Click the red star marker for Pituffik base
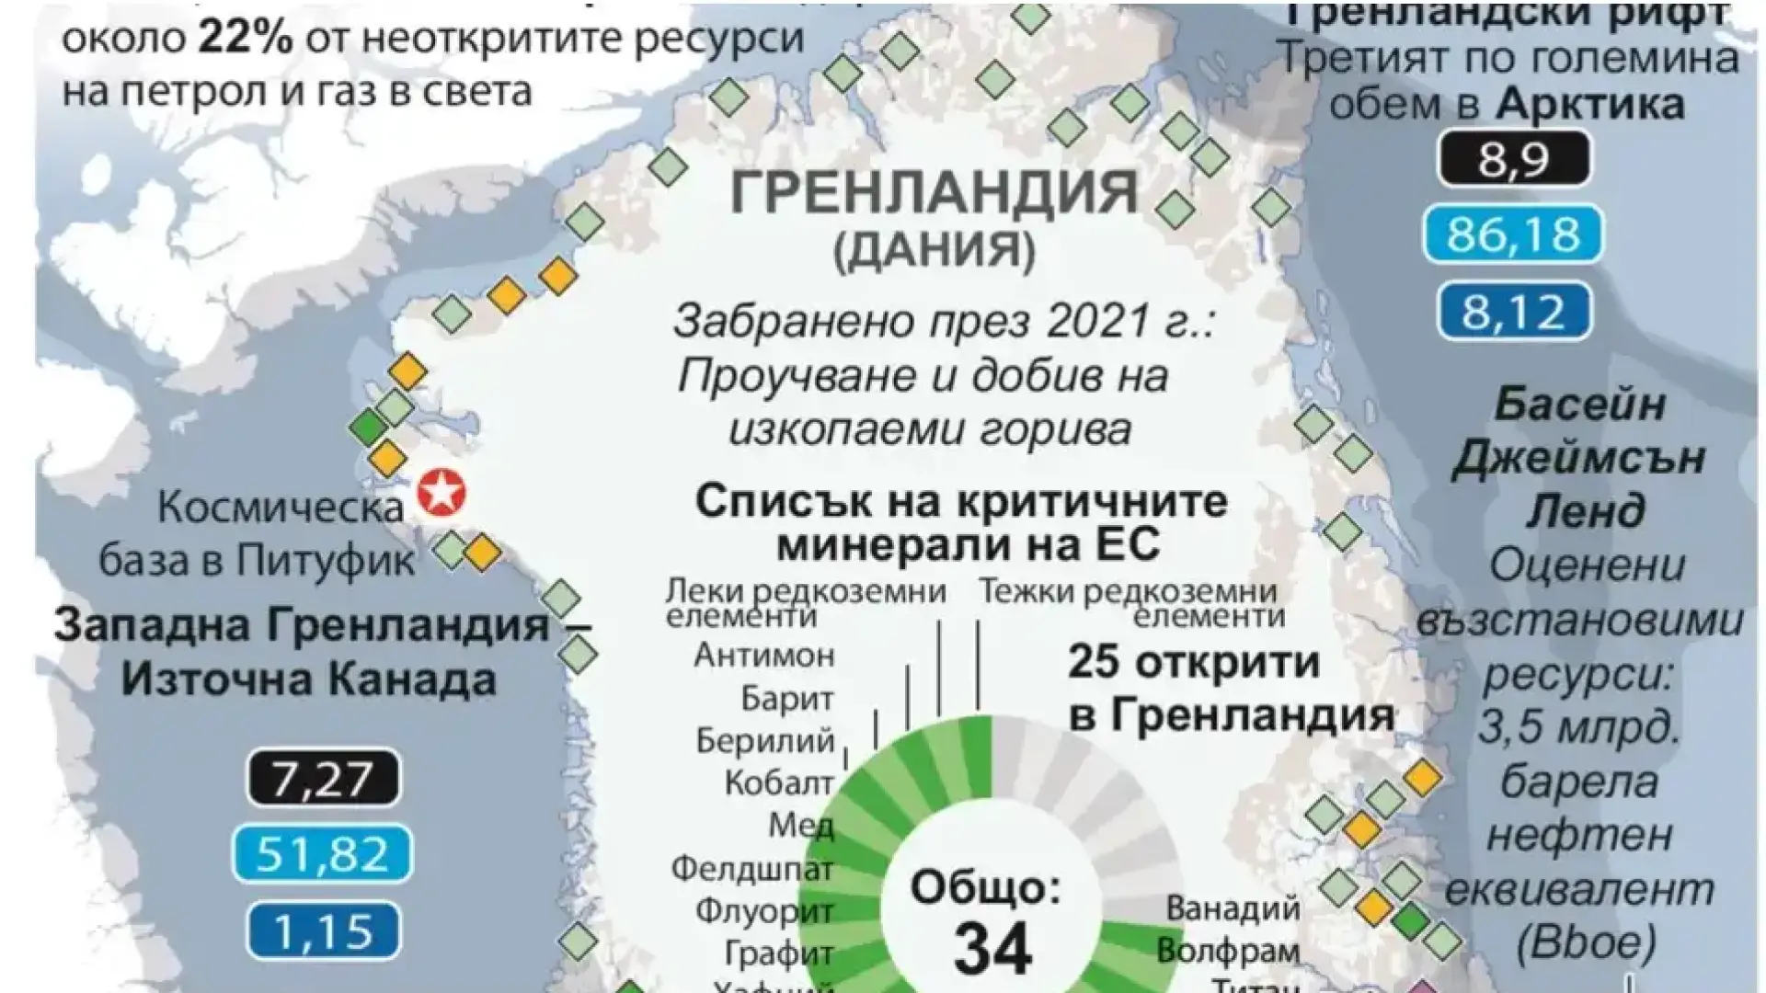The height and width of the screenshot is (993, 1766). [x=441, y=493]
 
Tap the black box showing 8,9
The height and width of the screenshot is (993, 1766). [x=1513, y=159]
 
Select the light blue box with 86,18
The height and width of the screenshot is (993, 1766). [x=1513, y=234]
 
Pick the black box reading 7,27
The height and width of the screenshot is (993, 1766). [x=322, y=778]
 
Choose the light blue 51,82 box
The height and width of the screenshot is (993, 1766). [x=322, y=854]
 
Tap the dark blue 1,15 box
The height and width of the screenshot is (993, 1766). [x=322, y=930]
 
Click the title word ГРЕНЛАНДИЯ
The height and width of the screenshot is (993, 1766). [x=935, y=192]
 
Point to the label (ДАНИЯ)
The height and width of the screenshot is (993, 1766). [x=934, y=250]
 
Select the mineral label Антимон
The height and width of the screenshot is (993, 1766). [x=764, y=656]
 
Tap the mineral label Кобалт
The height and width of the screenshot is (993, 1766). [x=779, y=783]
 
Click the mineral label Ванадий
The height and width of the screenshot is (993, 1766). [x=1233, y=908]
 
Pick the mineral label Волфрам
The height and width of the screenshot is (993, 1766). [x=1228, y=951]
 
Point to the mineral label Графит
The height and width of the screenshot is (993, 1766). [x=779, y=953]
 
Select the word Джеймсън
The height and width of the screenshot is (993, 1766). [x=1578, y=457]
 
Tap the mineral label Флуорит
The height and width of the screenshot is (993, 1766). [x=764, y=911]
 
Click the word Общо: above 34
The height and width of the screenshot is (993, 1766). [x=985, y=888]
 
